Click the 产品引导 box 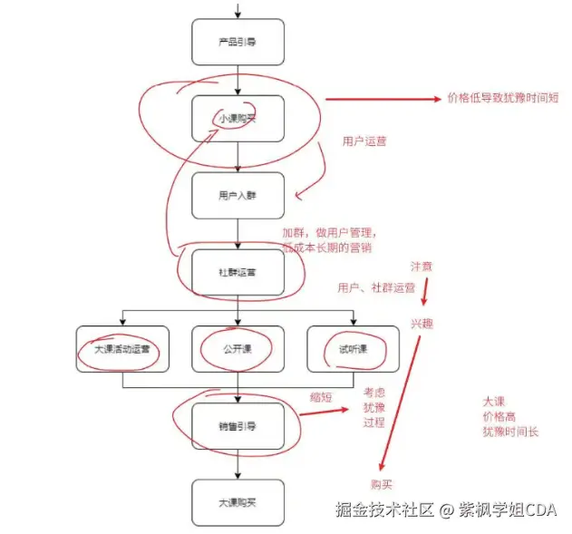[x=238, y=43]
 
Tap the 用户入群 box [x=238, y=195]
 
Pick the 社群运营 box [x=238, y=272]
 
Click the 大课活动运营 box [x=122, y=349]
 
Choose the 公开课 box [x=238, y=349]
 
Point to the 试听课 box [x=352, y=349]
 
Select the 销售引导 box [x=238, y=424]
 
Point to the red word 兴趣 [x=422, y=323]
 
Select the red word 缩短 [x=320, y=394]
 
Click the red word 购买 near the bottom [x=382, y=484]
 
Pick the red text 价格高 [x=499, y=416]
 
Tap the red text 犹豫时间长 [x=510, y=432]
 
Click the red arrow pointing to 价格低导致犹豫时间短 [x=382, y=99]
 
